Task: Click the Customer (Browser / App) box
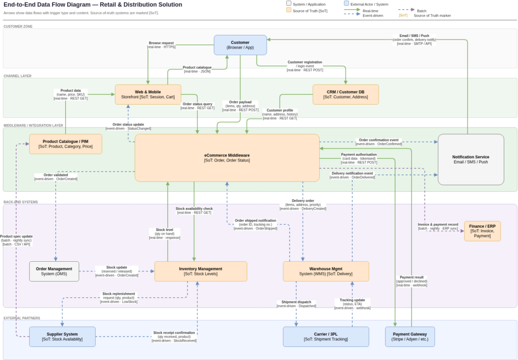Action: click(x=240, y=45)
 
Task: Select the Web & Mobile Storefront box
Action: click(x=148, y=95)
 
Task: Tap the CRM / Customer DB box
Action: click(x=346, y=95)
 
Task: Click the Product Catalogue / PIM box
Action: click(x=65, y=144)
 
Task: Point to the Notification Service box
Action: click(x=470, y=159)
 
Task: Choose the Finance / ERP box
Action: click(x=482, y=231)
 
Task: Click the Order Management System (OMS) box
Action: click(x=54, y=271)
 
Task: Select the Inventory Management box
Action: click(x=200, y=271)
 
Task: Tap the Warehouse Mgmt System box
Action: click(x=326, y=271)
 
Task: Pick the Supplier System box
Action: click(x=62, y=337)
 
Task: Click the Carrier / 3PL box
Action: click(x=326, y=337)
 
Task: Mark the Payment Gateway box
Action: click(x=410, y=337)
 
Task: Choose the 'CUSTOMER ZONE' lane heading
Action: click(x=18, y=26)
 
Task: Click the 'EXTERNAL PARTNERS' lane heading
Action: click(x=22, y=318)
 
